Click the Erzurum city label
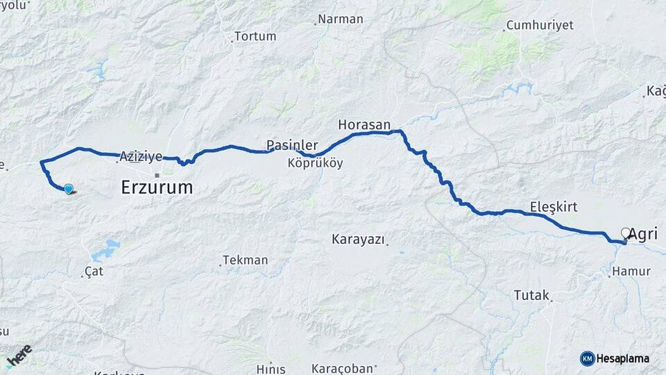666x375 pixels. (x=157, y=187)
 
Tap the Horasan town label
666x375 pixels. (x=364, y=125)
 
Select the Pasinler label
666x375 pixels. (x=292, y=146)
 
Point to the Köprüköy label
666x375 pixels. (x=315, y=164)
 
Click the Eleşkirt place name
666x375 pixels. (x=554, y=206)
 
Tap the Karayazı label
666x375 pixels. (x=357, y=240)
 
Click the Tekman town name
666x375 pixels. (x=245, y=260)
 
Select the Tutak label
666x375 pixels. (x=531, y=294)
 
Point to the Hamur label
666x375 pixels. (x=632, y=272)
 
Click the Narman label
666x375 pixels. (x=341, y=19)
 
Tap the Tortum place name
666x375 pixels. (x=255, y=36)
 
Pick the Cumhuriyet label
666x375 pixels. (x=540, y=25)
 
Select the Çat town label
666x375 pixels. (x=94, y=272)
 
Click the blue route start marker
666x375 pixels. (x=68, y=188)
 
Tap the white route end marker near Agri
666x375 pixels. (x=626, y=233)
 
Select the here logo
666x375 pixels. (x=19, y=355)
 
